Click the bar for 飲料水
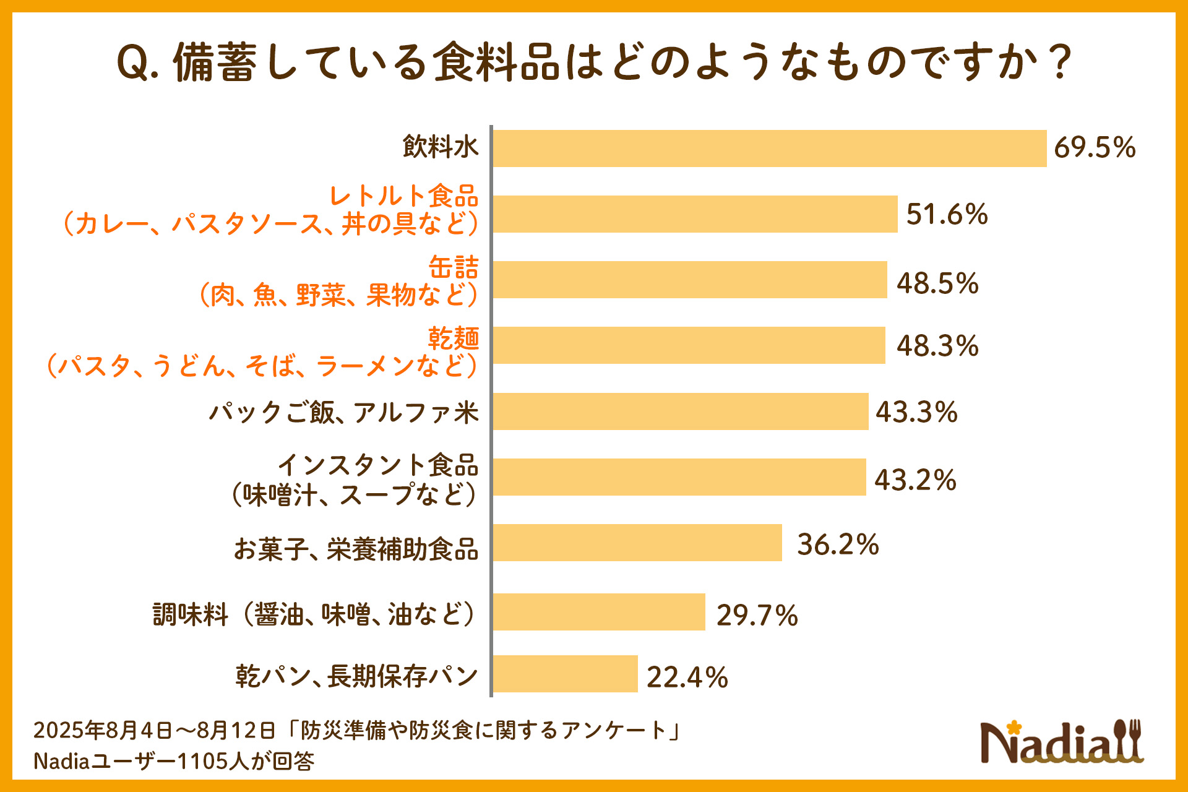click(x=769, y=148)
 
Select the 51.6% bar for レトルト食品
click(x=695, y=214)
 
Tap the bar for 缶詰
click(x=689, y=280)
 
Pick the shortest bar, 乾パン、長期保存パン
click(x=565, y=674)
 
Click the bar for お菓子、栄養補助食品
click(x=637, y=543)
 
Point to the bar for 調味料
click(x=599, y=612)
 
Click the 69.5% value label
click(x=1095, y=148)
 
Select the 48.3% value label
click(x=937, y=346)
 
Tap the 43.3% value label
click(x=916, y=412)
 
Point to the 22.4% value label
click(x=687, y=678)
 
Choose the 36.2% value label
click(x=838, y=544)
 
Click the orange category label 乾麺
click(x=454, y=338)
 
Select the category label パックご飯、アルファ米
click(x=344, y=413)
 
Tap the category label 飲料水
click(x=441, y=147)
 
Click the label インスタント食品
click(x=378, y=465)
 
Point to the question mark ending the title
click(x=1062, y=62)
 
